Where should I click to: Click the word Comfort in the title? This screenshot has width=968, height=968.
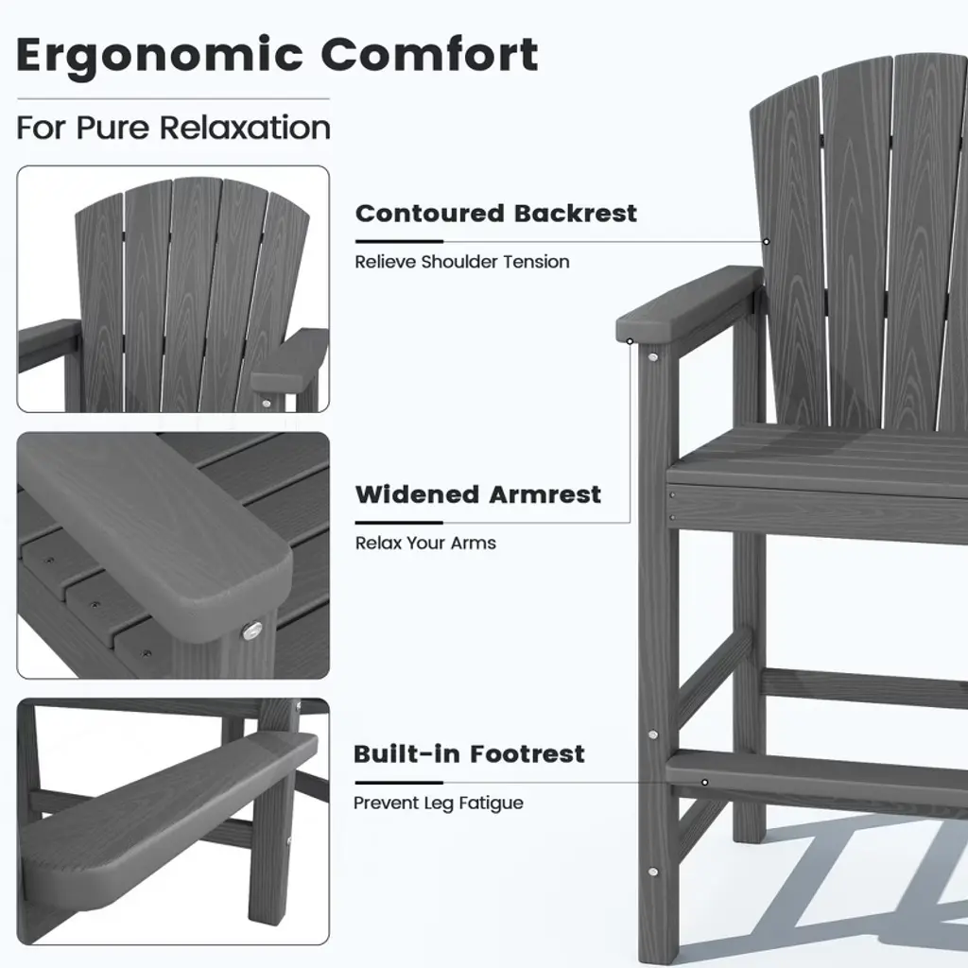click(x=430, y=54)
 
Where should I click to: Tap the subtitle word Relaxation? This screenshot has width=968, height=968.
click(x=245, y=128)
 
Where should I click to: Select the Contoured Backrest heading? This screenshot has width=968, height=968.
click(x=495, y=214)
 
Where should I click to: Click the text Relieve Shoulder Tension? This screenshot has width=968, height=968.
click(x=461, y=262)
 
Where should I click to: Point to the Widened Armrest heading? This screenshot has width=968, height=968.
click(x=477, y=494)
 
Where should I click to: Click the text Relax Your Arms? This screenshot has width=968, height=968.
click(x=425, y=543)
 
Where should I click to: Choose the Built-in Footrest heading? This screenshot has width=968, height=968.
click(x=469, y=753)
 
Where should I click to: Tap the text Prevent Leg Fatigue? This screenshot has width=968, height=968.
click(x=439, y=803)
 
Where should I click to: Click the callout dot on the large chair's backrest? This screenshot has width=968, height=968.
click(x=766, y=241)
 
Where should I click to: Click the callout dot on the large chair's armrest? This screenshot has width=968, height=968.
click(x=630, y=340)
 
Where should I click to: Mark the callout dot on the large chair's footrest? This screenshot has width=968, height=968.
click(x=704, y=783)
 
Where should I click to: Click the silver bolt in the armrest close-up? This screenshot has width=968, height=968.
click(x=251, y=631)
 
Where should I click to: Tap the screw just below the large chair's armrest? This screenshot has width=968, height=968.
click(x=652, y=356)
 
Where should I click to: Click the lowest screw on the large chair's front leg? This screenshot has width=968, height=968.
click(x=652, y=872)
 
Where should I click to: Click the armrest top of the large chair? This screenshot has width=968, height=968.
click(x=689, y=303)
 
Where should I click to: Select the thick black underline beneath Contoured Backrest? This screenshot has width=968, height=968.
click(x=400, y=241)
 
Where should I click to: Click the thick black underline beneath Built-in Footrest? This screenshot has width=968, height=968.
click(x=399, y=782)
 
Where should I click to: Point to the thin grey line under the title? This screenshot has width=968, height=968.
click(x=174, y=98)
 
